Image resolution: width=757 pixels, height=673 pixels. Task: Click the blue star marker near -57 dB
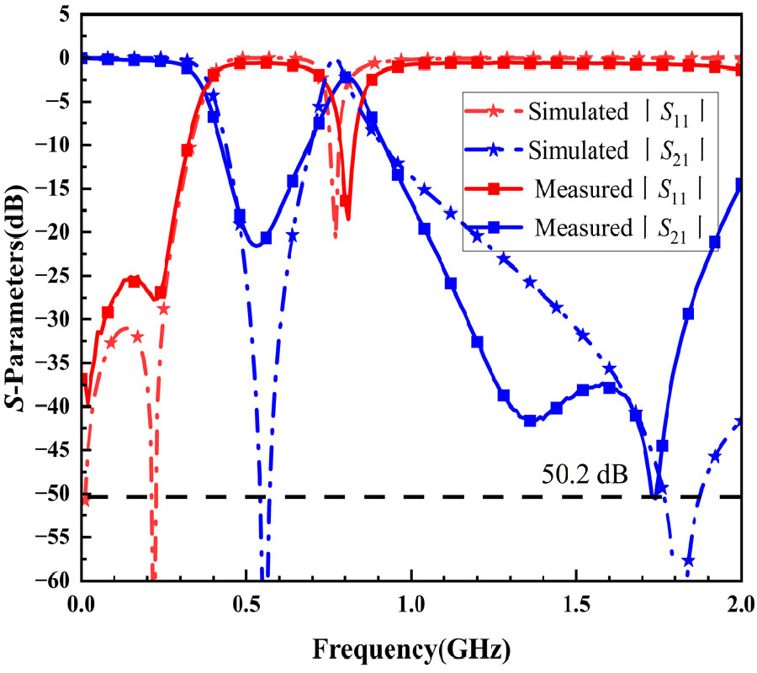(688, 561)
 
